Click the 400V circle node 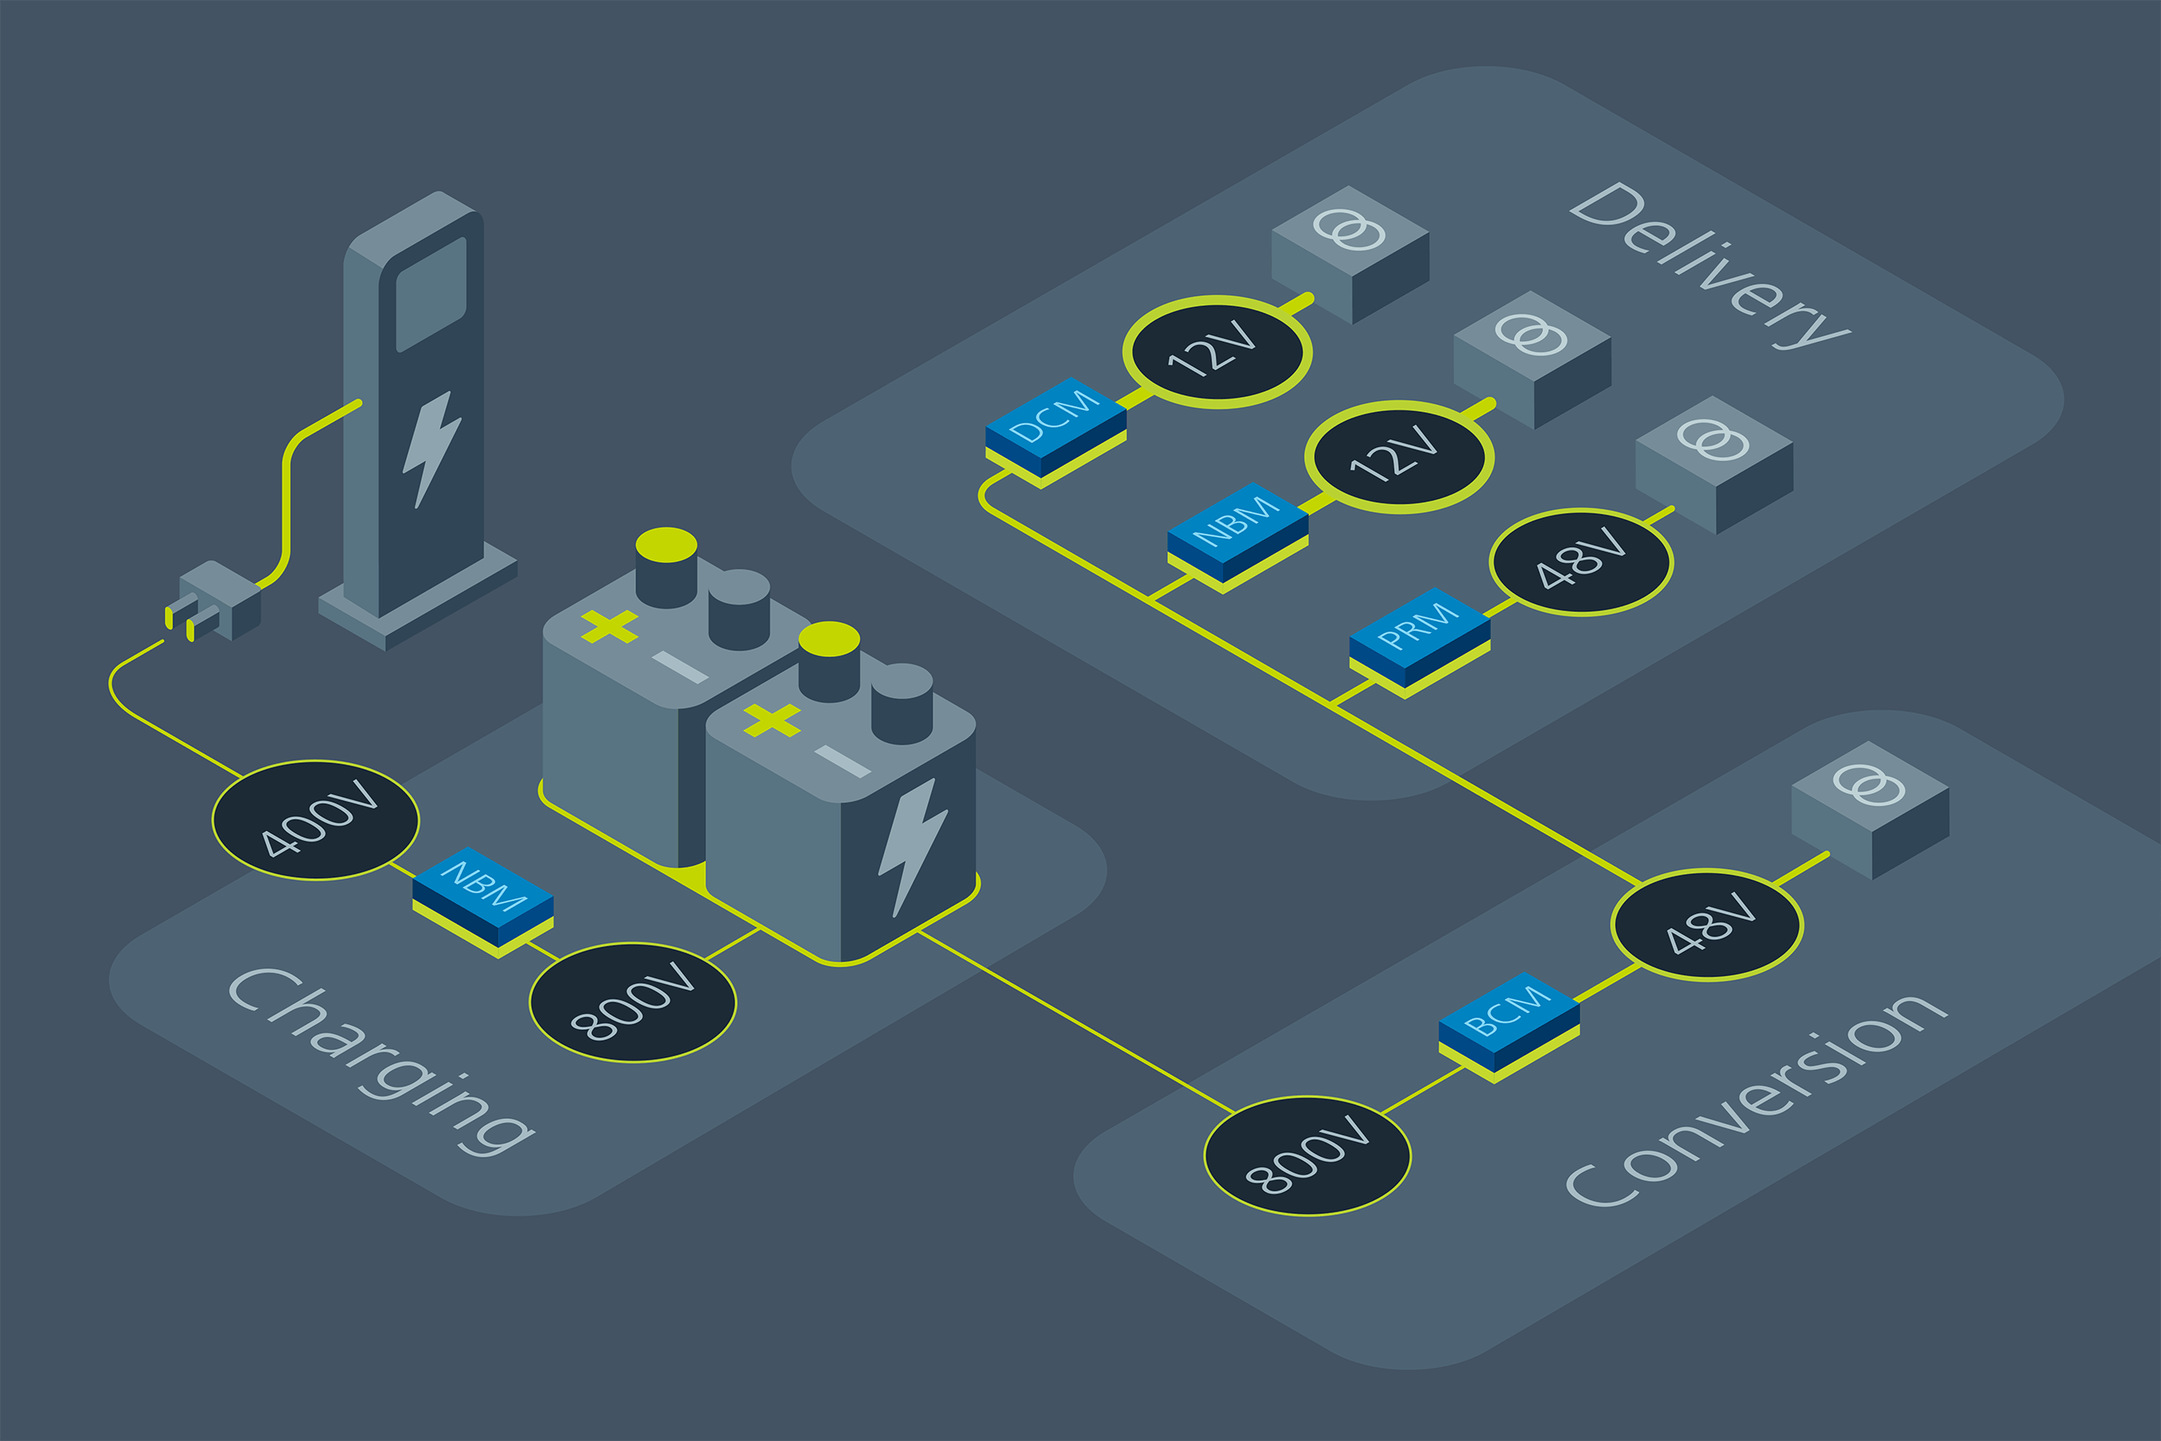(315, 820)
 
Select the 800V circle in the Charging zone (632, 1002)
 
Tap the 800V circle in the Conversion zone (1306, 1155)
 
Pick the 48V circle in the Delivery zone (1581, 560)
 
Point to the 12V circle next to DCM (1216, 351)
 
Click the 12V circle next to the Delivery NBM (1398, 457)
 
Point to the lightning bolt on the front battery (911, 846)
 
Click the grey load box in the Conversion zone (1870, 809)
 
